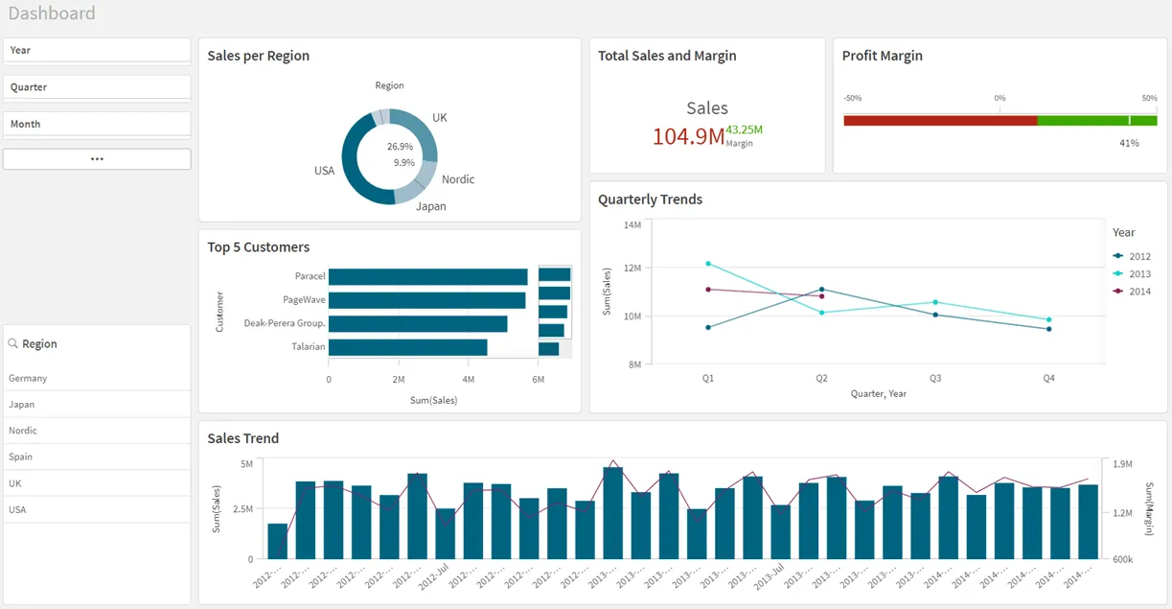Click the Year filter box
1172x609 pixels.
point(97,50)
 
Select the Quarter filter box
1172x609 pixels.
point(97,87)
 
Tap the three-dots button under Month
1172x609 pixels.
point(97,159)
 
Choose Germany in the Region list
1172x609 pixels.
point(28,378)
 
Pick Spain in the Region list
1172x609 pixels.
point(21,457)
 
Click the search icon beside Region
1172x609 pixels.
point(13,343)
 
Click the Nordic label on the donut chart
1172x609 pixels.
point(458,179)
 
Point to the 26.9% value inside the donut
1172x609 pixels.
point(400,147)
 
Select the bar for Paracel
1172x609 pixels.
point(427,276)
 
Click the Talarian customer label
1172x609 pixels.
point(309,346)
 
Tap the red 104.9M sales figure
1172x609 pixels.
point(688,136)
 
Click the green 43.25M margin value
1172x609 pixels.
point(744,129)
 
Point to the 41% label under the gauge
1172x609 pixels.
point(1129,143)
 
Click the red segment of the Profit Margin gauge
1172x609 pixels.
point(939,121)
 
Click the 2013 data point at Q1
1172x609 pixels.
point(708,264)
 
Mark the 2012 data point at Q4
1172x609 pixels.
point(1048,329)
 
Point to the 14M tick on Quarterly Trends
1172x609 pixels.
point(632,225)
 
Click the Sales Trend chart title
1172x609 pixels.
point(243,438)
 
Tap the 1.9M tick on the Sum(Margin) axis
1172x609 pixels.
point(1122,464)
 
